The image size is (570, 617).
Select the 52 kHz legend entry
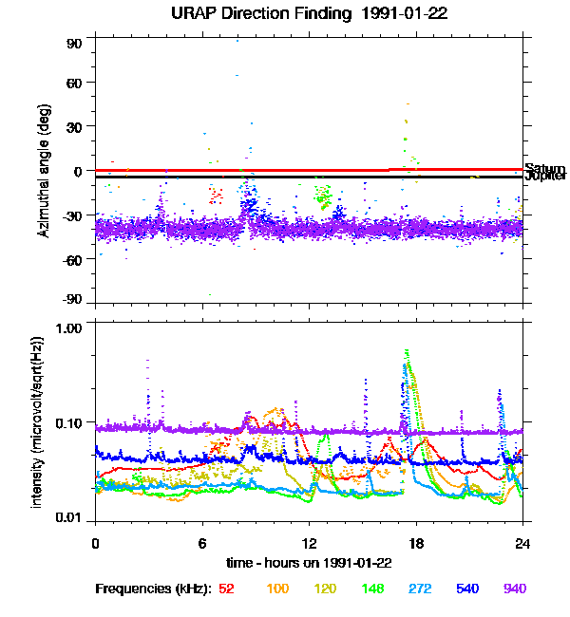pyautogui.click(x=226, y=589)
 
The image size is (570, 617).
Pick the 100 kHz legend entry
pyautogui.click(x=277, y=589)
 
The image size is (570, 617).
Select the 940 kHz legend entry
pyautogui.click(x=514, y=589)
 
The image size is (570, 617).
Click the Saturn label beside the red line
pyautogui.click(x=545, y=168)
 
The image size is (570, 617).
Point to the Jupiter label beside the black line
pyautogui.click(x=545, y=177)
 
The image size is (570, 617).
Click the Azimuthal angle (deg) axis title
pyautogui.click(x=45, y=171)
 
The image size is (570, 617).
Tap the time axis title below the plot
pyautogui.click(x=309, y=563)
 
